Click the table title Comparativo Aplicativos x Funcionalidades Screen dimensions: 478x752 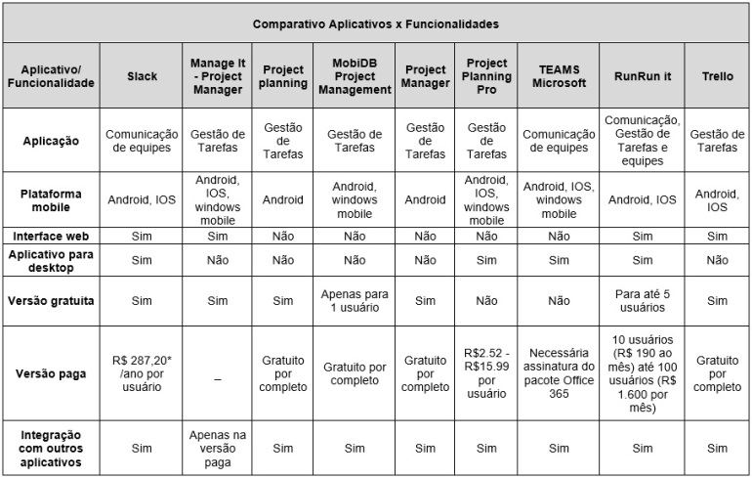click(375, 22)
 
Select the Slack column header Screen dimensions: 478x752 click(142, 75)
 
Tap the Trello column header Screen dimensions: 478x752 click(717, 75)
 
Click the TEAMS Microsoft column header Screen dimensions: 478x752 click(559, 75)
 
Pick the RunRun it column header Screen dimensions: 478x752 click(642, 75)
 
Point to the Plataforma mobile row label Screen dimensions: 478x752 click(51, 200)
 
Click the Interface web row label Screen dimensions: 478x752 click(51, 236)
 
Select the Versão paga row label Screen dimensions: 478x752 click(51, 372)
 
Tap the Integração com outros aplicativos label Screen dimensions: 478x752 click(51, 448)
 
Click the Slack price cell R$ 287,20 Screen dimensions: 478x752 click(142, 372)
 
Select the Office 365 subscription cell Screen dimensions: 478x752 click(559, 372)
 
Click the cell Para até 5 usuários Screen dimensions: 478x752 click(642, 300)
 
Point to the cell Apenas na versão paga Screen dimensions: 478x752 click(218, 448)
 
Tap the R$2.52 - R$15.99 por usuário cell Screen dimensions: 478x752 click(486, 372)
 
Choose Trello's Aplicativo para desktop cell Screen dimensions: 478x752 click(717, 260)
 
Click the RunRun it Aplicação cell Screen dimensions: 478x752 click(642, 141)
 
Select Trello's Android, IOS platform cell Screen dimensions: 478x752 click(717, 200)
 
